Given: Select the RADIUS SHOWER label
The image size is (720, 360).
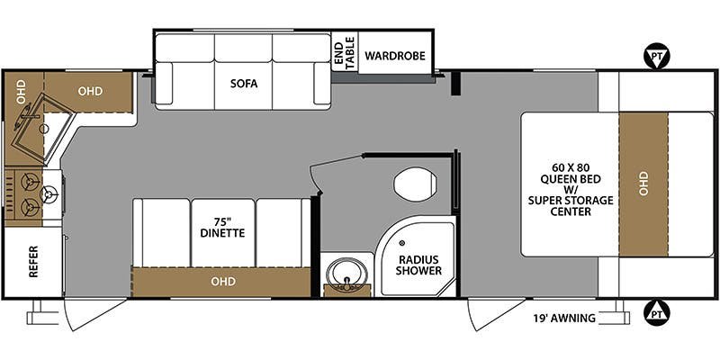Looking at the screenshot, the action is tap(418, 265).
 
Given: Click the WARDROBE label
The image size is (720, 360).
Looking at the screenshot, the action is tap(395, 56).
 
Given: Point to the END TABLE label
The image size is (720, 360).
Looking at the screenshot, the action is tap(345, 56).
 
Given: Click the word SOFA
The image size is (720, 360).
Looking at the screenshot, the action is tap(244, 84).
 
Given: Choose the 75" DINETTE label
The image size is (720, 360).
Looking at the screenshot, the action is tap(222, 228).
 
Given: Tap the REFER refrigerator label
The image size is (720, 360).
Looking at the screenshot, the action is tap(33, 262).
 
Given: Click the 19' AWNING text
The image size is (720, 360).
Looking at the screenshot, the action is tap(565, 318).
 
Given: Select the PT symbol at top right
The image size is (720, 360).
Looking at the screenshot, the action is tap(658, 57).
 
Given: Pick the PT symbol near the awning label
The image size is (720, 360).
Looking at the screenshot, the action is tap(658, 313).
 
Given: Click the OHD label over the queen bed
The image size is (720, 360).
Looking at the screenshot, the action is tap(643, 184).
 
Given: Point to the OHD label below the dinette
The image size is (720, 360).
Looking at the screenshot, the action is tap(223, 281).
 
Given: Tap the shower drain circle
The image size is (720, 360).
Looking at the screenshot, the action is tap(402, 243).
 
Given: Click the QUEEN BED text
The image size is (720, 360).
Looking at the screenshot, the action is tap(571, 179).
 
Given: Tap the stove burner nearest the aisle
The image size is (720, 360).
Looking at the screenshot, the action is tap(49, 194).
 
